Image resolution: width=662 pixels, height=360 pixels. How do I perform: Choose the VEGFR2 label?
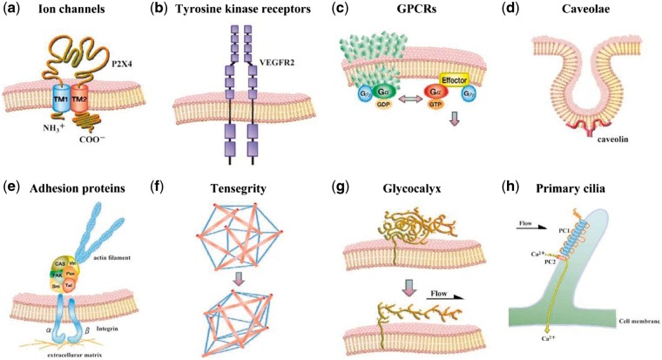click(280, 63)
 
